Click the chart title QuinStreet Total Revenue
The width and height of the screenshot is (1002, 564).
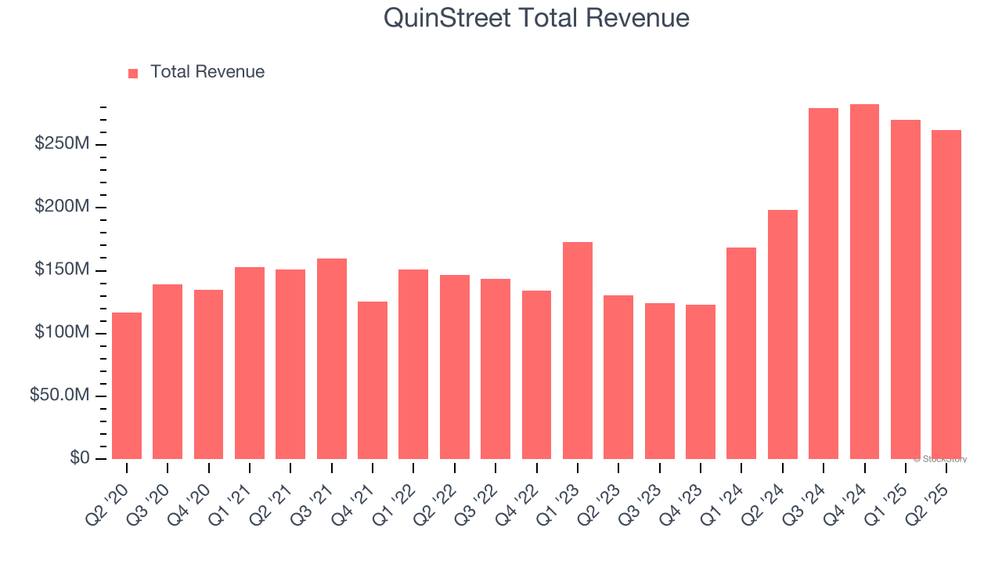point(536,18)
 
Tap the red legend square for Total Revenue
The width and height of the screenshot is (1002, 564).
point(133,73)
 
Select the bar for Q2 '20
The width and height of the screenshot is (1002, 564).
point(127,385)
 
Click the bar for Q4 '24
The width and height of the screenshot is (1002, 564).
point(864,281)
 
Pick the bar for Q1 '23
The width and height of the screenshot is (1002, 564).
point(578,350)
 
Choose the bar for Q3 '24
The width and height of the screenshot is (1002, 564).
point(824,284)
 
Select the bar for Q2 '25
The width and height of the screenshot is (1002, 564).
point(946,294)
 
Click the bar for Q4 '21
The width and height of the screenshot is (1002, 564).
point(373,380)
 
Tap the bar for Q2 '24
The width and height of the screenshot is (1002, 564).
point(783,334)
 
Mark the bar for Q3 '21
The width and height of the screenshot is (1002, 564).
point(332,359)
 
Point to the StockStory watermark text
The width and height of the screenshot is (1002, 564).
point(940,459)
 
